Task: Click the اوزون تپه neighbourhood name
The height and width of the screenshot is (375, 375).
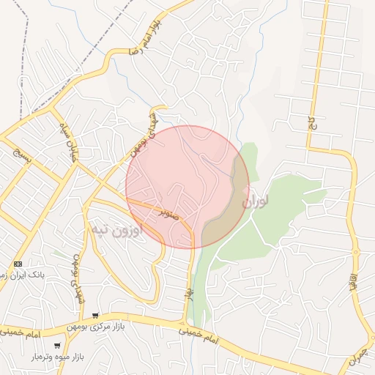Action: (116, 231)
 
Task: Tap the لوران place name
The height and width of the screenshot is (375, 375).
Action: (255, 199)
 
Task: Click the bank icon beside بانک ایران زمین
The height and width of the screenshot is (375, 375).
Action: (18, 264)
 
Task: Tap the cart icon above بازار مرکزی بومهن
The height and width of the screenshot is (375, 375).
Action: (95, 315)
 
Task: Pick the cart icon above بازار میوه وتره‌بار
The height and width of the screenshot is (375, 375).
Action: (57, 346)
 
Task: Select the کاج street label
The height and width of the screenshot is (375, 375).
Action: (311, 123)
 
